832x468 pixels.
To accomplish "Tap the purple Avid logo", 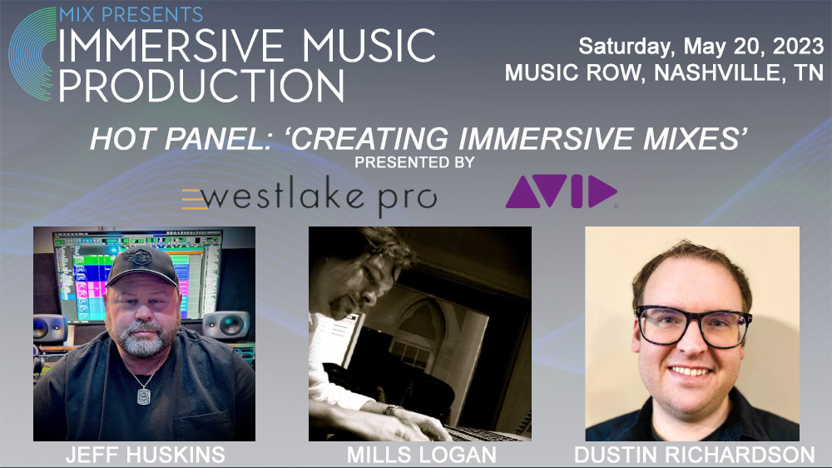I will (561, 192).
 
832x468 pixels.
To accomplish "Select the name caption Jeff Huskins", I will (144, 455).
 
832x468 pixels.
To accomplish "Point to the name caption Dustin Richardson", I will (694, 455).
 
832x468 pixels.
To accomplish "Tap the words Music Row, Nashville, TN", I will (664, 72).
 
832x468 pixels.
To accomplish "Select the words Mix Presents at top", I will (131, 14).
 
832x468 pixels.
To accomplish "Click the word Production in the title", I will (201, 86).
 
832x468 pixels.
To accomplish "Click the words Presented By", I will (414, 162).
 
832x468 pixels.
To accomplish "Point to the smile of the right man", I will (692, 371).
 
